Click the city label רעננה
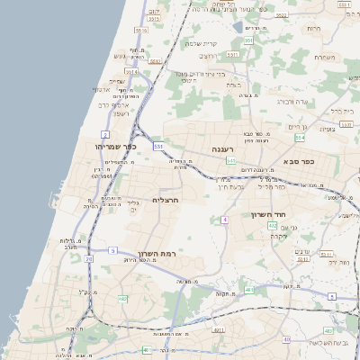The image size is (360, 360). pos(223,148)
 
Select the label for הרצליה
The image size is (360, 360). pos(167,199)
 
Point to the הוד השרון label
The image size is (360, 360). pos(269,215)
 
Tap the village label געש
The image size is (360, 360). pos(118,56)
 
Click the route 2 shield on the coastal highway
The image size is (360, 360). pos(106,133)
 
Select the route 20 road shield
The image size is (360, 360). pos(88,258)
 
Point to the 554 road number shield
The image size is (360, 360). pos(300,138)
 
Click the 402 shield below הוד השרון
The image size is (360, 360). pos(273,226)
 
